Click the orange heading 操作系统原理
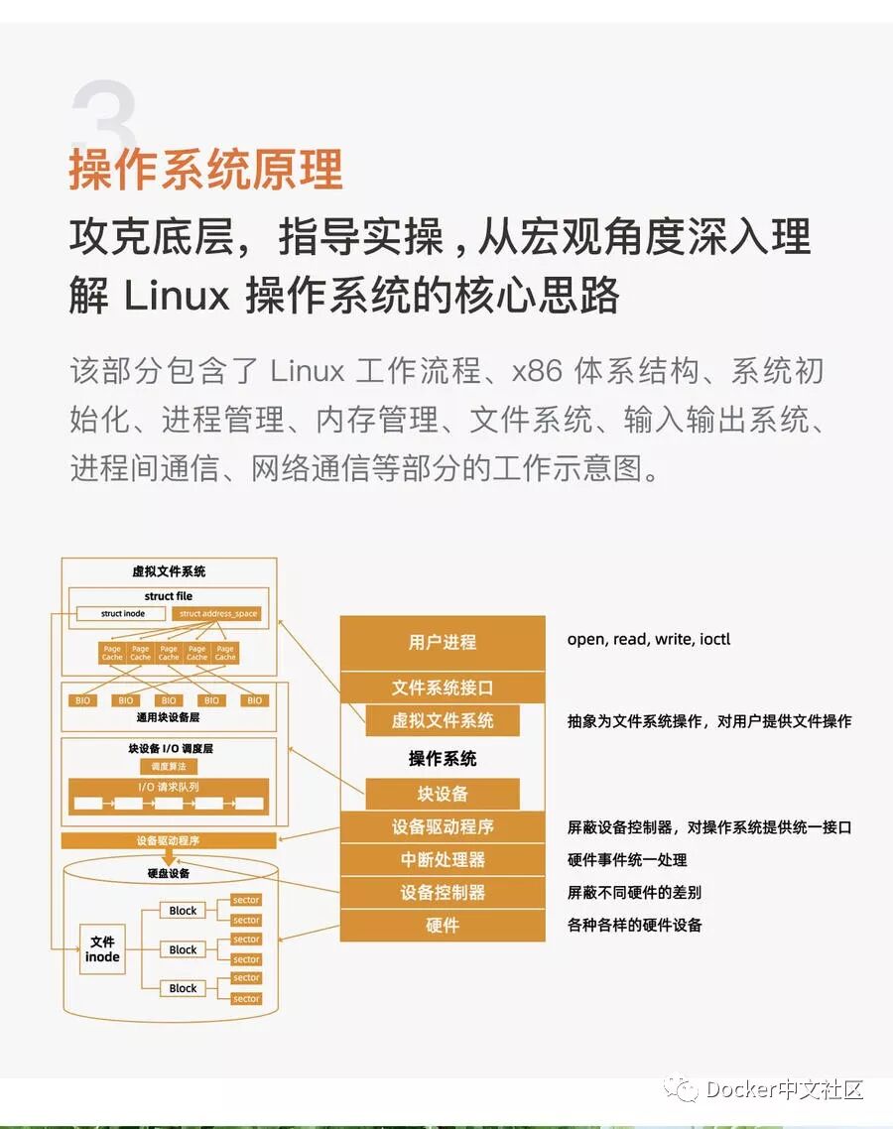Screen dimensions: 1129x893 click(205, 168)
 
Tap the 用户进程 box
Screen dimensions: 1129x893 click(443, 642)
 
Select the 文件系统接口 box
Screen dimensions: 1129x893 click(443, 688)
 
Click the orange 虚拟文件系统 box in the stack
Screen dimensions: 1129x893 click(443, 720)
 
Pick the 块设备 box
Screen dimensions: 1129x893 click(443, 794)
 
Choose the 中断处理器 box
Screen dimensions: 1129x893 click(443, 859)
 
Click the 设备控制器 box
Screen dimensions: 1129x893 click(443, 892)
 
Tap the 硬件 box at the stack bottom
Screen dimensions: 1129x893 click(443, 925)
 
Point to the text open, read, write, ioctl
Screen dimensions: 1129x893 click(649, 639)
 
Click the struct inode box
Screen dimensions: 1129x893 click(123, 613)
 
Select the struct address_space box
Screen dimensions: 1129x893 click(218, 613)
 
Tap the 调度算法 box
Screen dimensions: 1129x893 click(168, 766)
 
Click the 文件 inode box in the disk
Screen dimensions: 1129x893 click(102, 949)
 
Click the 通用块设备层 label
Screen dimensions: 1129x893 click(168, 717)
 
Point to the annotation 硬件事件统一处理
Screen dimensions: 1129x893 click(627, 859)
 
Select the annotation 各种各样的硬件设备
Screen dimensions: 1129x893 click(635, 925)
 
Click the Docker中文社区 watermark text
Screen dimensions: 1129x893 click(784, 1089)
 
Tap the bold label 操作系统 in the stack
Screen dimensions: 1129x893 click(443, 758)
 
